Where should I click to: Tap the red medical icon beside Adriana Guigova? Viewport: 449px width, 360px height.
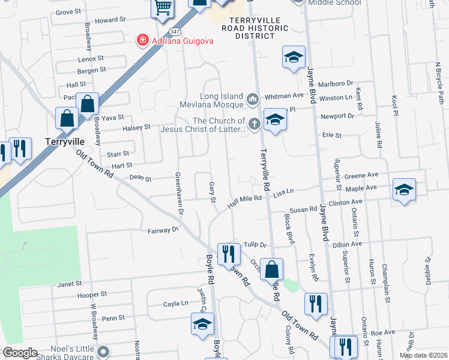tap(143, 41)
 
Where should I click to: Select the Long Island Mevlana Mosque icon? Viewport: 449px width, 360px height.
tap(253, 97)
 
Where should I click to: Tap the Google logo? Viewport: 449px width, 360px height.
tap(20, 352)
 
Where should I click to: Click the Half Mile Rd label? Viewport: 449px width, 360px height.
tap(245, 202)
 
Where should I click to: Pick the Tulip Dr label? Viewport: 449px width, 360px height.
tap(255, 245)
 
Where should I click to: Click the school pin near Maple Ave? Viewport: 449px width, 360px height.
tap(405, 190)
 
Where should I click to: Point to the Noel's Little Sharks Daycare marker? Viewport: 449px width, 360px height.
tap(103, 350)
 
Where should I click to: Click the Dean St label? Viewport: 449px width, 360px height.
tap(140, 178)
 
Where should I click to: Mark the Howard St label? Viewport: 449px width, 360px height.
tap(110, 20)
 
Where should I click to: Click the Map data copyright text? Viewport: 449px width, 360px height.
tap(423, 355)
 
